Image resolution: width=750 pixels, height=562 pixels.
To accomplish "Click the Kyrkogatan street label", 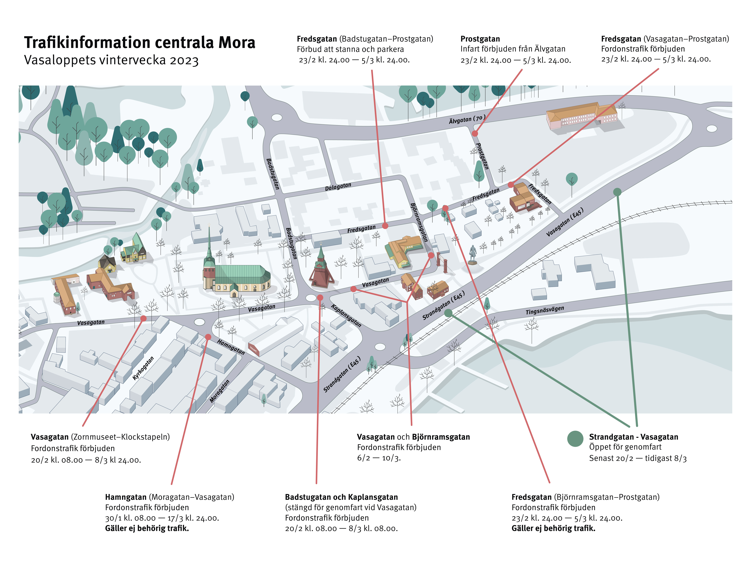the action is pos(143,368).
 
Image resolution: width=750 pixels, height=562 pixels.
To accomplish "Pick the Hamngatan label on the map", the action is pos(231,347).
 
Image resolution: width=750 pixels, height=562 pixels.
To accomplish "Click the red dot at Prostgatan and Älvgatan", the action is pos(475,133).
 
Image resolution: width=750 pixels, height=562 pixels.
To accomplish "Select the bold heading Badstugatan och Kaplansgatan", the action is pos(341,497).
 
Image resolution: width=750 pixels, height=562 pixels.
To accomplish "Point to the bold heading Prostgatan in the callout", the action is pos(480,39).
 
